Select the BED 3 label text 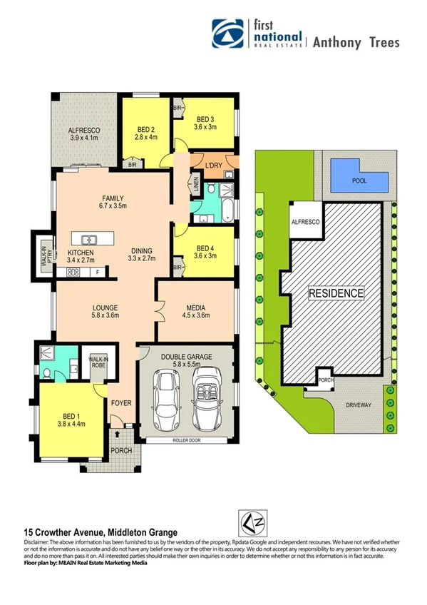click(x=205, y=123)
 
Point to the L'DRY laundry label click(x=215, y=166)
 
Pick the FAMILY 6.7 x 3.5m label click(x=113, y=202)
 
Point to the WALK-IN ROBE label click(x=97, y=362)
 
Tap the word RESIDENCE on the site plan click(x=336, y=293)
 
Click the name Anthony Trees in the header click(x=356, y=42)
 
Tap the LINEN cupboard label click(x=196, y=185)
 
